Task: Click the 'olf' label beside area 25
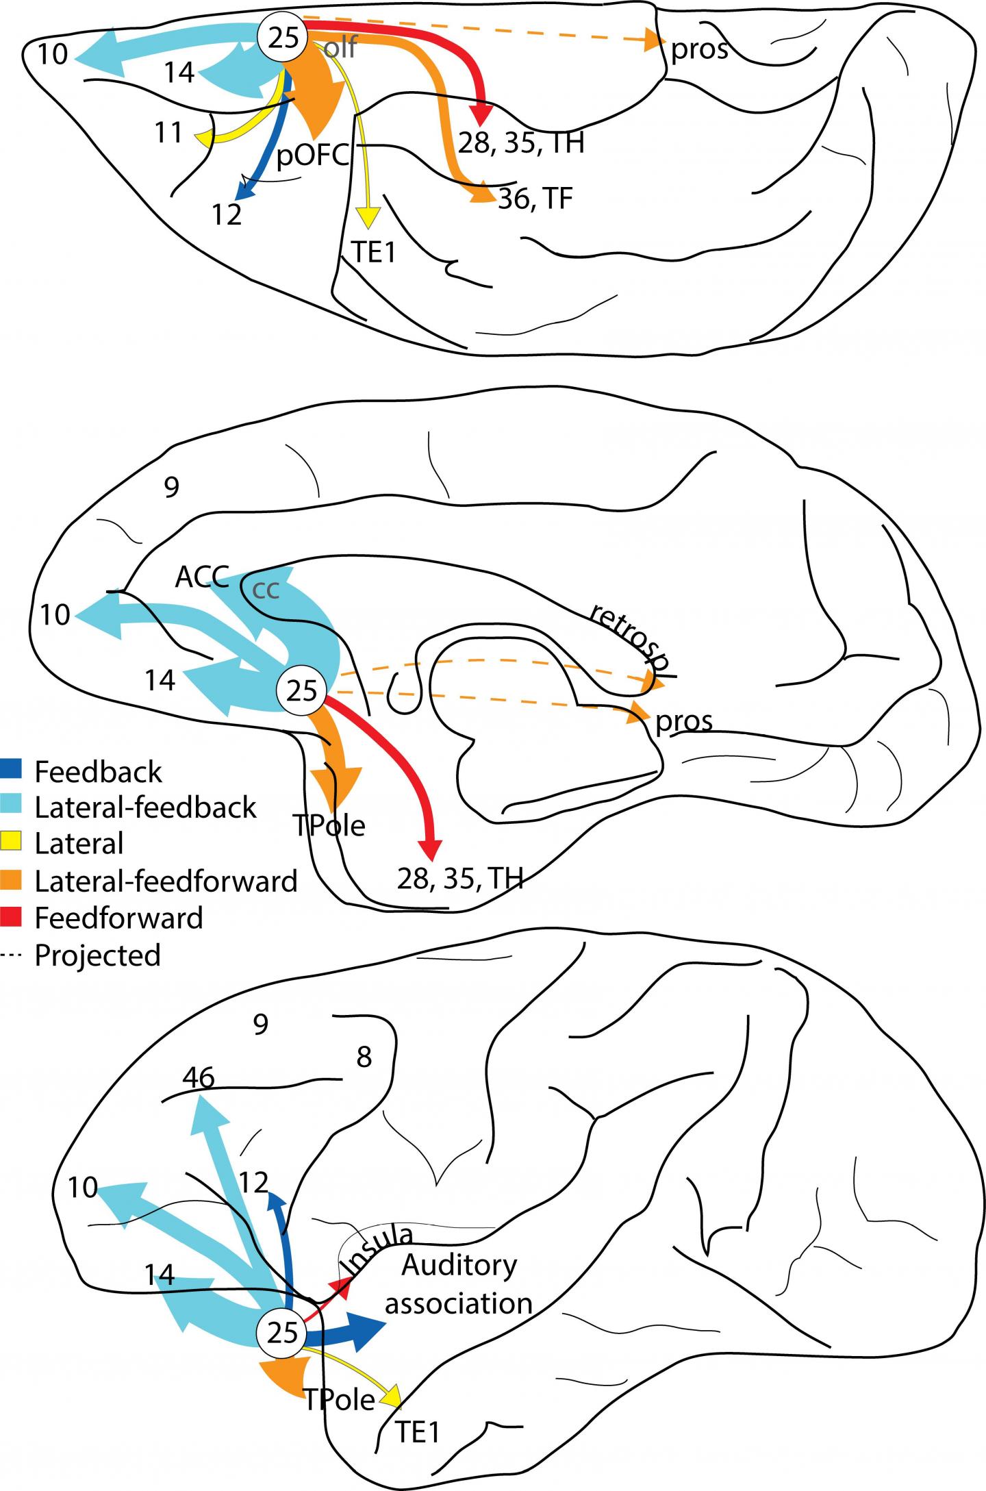[x=340, y=48]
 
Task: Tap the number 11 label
[x=168, y=132]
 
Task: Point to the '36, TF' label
[x=535, y=199]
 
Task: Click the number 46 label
[x=199, y=1078]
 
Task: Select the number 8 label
[x=364, y=1057]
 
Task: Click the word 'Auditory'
[x=459, y=1265]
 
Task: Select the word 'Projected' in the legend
[x=97, y=955]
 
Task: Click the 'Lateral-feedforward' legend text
[x=166, y=881]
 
